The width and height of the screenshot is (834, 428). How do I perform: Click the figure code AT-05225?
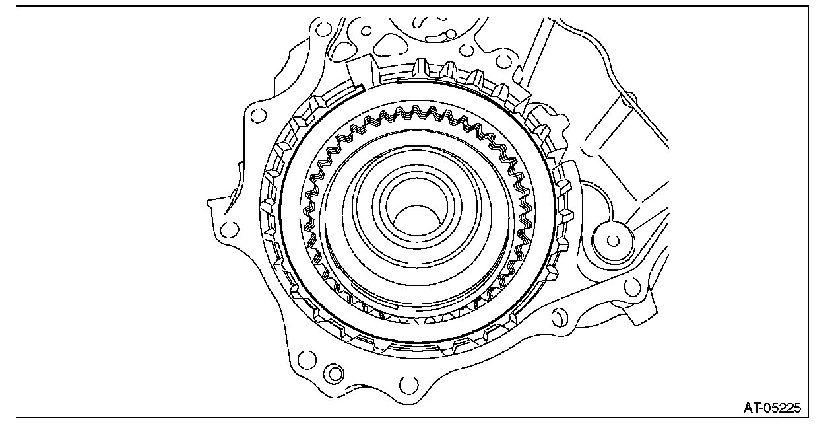click(772, 408)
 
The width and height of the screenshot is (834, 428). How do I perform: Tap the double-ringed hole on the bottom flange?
click(334, 373)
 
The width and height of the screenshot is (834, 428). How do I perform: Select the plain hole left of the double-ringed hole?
click(307, 360)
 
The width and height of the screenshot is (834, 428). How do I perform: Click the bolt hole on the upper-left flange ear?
click(259, 115)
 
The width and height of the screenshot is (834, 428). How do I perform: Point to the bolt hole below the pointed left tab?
click(230, 229)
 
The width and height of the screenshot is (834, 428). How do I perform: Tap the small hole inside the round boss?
click(613, 241)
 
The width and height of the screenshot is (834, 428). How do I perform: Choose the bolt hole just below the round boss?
click(631, 287)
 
